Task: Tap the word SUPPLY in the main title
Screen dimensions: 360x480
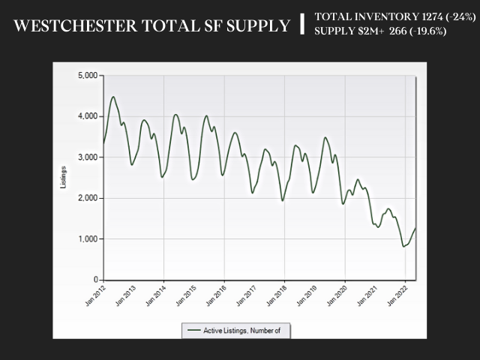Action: coord(253,26)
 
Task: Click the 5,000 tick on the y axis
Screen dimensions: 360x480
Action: coord(88,76)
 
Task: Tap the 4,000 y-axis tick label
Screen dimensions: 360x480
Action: coord(88,116)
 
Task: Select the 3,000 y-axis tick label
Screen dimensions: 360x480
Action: coord(88,157)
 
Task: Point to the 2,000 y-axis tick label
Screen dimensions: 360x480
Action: coord(88,198)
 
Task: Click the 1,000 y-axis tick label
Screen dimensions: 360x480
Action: coord(88,238)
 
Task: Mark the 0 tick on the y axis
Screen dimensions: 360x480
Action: coord(96,280)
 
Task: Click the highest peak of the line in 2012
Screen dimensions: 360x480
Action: coord(113,96)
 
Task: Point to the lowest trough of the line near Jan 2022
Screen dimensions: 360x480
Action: coord(403,246)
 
